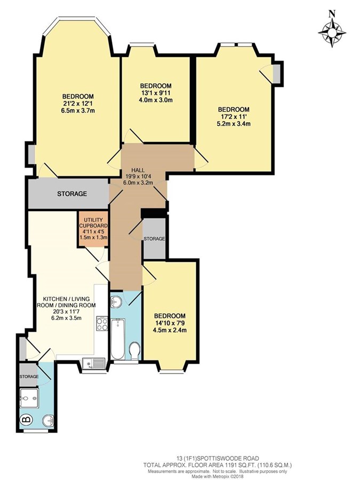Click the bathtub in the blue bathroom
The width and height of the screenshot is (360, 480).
118,339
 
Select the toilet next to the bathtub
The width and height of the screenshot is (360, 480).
134,351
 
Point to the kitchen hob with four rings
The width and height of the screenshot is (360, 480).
102,324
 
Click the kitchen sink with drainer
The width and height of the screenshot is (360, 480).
94,364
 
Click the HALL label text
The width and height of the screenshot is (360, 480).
138,170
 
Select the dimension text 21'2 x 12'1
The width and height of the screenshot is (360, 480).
78,103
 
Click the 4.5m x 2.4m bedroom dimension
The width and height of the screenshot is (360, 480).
170,330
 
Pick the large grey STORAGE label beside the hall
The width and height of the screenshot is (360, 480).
72,194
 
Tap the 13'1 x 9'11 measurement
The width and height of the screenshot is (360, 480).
156,93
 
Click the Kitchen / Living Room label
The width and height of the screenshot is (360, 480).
66,302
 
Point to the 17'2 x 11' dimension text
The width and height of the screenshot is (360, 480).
233,117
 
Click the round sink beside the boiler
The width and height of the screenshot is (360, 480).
49,420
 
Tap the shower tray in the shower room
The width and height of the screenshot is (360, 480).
29,398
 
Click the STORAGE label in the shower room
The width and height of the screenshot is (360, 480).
29,376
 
